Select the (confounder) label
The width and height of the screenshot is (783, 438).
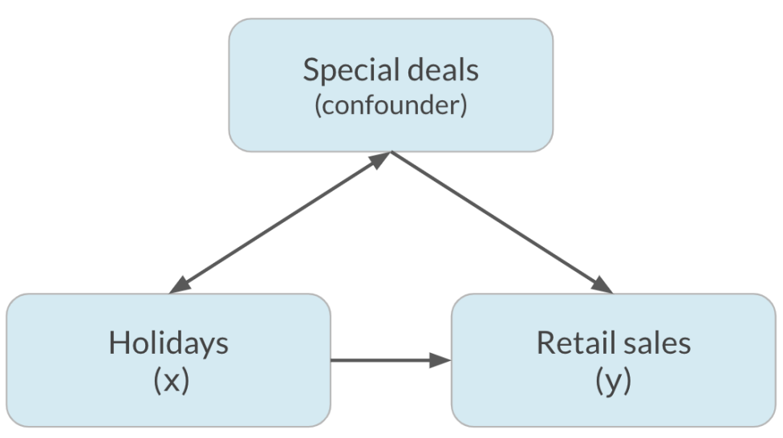[391, 105]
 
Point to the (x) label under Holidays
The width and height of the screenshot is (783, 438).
[172, 380]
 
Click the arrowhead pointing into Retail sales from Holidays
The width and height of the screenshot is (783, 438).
[440, 360]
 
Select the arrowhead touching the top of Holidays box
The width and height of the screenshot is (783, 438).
[180, 285]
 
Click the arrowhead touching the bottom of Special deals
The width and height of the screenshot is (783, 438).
[380, 160]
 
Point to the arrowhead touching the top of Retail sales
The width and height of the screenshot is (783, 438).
[602, 285]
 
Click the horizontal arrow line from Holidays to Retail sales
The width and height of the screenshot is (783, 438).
[391, 360]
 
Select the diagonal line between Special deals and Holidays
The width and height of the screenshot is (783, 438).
[280, 223]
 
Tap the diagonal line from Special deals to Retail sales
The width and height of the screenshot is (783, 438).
[502, 223]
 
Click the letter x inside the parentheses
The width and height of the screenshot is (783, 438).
[172, 382]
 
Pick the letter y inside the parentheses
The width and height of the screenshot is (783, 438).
[613, 384]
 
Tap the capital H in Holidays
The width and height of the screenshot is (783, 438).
[120, 343]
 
